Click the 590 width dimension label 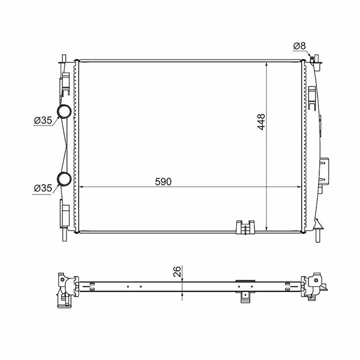click(x=163, y=181)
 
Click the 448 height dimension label click(x=261, y=121)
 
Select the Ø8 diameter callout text click(x=299, y=46)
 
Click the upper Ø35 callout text click(x=43, y=121)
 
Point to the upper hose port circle click(x=64, y=112)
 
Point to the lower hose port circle click(x=64, y=179)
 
